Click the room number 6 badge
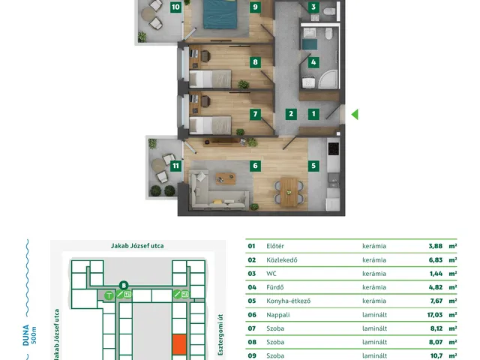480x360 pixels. point(255,166)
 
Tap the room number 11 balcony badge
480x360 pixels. point(175,166)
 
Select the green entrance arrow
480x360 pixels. point(355,115)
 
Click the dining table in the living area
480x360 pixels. point(289,192)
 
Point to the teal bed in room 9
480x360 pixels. point(220,14)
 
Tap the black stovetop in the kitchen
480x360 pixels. point(333,148)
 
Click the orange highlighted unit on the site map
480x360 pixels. point(179,344)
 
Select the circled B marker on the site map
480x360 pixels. point(124,286)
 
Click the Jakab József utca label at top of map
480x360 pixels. point(137,246)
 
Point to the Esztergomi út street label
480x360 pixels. point(220,334)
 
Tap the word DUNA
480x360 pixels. point(26,335)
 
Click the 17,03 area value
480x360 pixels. point(435,315)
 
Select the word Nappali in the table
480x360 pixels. point(278,315)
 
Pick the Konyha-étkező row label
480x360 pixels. point(288,301)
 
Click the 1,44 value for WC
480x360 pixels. point(436,274)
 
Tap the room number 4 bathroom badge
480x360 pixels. point(313,62)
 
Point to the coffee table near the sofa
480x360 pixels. point(226,178)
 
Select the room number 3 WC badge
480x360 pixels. point(313,7)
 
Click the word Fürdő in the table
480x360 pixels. point(275,287)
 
